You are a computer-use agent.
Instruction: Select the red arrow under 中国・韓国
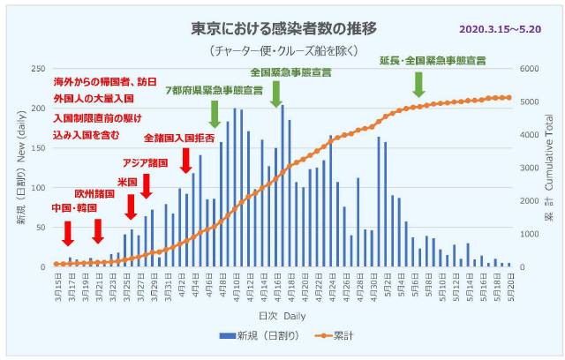click(x=68, y=234)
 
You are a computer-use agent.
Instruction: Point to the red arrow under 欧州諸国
click(x=98, y=230)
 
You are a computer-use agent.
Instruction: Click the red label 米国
click(x=127, y=182)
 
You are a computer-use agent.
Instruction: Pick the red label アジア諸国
click(x=145, y=163)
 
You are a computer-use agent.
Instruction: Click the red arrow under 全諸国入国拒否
click(x=185, y=160)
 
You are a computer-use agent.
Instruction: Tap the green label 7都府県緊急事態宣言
click(x=214, y=91)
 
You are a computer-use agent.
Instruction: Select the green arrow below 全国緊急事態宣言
click(x=275, y=93)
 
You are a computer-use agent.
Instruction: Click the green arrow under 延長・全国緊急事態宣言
click(x=418, y=84)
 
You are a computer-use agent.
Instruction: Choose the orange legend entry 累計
click(x=326, y=336)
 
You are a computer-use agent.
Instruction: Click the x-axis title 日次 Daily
click(x=282, y=315)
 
